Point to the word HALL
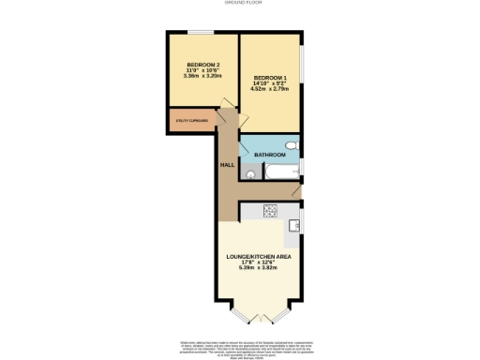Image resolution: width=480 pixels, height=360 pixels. click(227, 166)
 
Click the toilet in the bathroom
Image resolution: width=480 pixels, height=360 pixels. click(292, 148)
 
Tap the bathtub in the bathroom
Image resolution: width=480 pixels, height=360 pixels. click(280, 174)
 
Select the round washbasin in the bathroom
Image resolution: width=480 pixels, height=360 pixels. click(251, 174)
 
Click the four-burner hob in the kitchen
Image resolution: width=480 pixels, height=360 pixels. click(270, 210)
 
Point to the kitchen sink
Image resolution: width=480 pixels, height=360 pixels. click(294, 225)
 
